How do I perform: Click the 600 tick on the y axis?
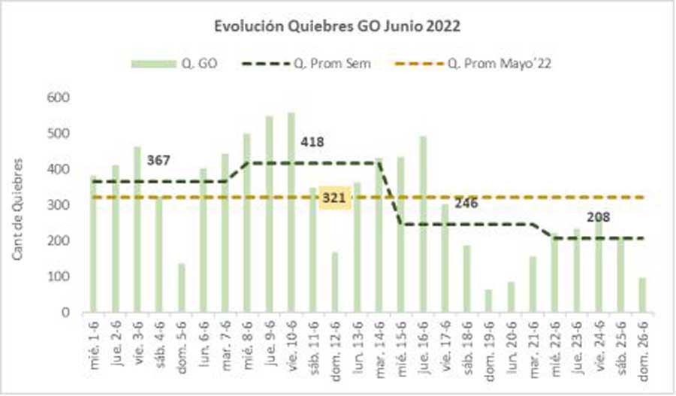pos(59,98)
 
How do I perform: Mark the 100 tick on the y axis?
pos(59,277)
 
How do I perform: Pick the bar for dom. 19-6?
pos(488,301)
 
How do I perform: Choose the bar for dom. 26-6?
pos(642,295)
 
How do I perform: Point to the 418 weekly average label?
pos(312,141)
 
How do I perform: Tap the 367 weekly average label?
pos(158,159)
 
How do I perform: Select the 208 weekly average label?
pos(598,218)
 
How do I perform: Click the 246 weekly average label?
pos(466,202)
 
